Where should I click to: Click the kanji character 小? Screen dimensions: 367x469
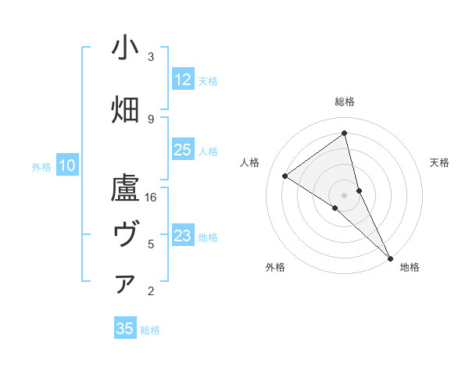pos(125,49)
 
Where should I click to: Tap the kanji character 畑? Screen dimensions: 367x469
pos(125,110)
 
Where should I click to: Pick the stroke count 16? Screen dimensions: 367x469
pos(151,198)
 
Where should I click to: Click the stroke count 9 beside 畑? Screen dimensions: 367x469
pos(151,118)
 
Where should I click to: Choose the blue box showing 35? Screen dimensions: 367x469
pos(125,329)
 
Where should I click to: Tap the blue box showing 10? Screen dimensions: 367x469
pos(67,166)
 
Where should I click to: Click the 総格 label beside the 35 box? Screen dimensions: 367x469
pos(150,330)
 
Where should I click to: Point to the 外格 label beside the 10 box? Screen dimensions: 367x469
pos(41,166)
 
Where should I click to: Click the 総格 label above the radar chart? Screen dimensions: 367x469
pos(344,102)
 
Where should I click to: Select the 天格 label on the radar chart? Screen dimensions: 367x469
pos(439,162)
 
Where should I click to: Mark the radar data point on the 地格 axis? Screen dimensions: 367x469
pos(390,257)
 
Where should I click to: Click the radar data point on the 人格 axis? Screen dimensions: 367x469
pos(285,176)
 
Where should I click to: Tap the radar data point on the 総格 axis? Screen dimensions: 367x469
pos(344,134)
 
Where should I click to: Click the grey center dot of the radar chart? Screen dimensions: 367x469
pos(344,194)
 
